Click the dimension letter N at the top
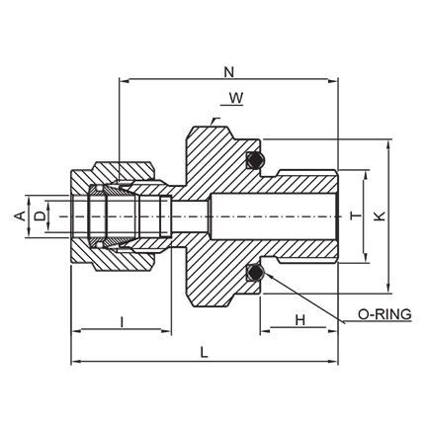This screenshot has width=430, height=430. pos(228,72)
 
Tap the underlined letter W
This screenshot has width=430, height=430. pos(236,98)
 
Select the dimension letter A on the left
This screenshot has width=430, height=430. pos(21,216)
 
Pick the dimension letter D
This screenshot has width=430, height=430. pos(41,216)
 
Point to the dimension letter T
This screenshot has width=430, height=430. pos(356,216)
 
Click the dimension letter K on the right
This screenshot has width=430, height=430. pos(381,216)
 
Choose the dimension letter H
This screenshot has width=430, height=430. pos(300,320)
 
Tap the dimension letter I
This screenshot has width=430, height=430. pos(123,322)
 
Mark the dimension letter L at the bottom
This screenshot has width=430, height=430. pos(205,353)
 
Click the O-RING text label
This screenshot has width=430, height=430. pos(385,314)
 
